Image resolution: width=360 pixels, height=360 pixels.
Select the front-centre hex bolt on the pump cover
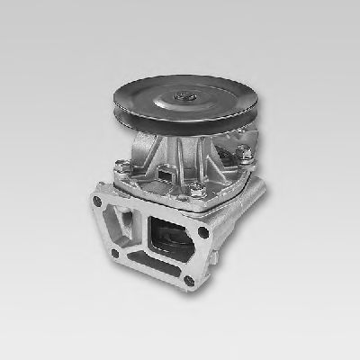193,190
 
